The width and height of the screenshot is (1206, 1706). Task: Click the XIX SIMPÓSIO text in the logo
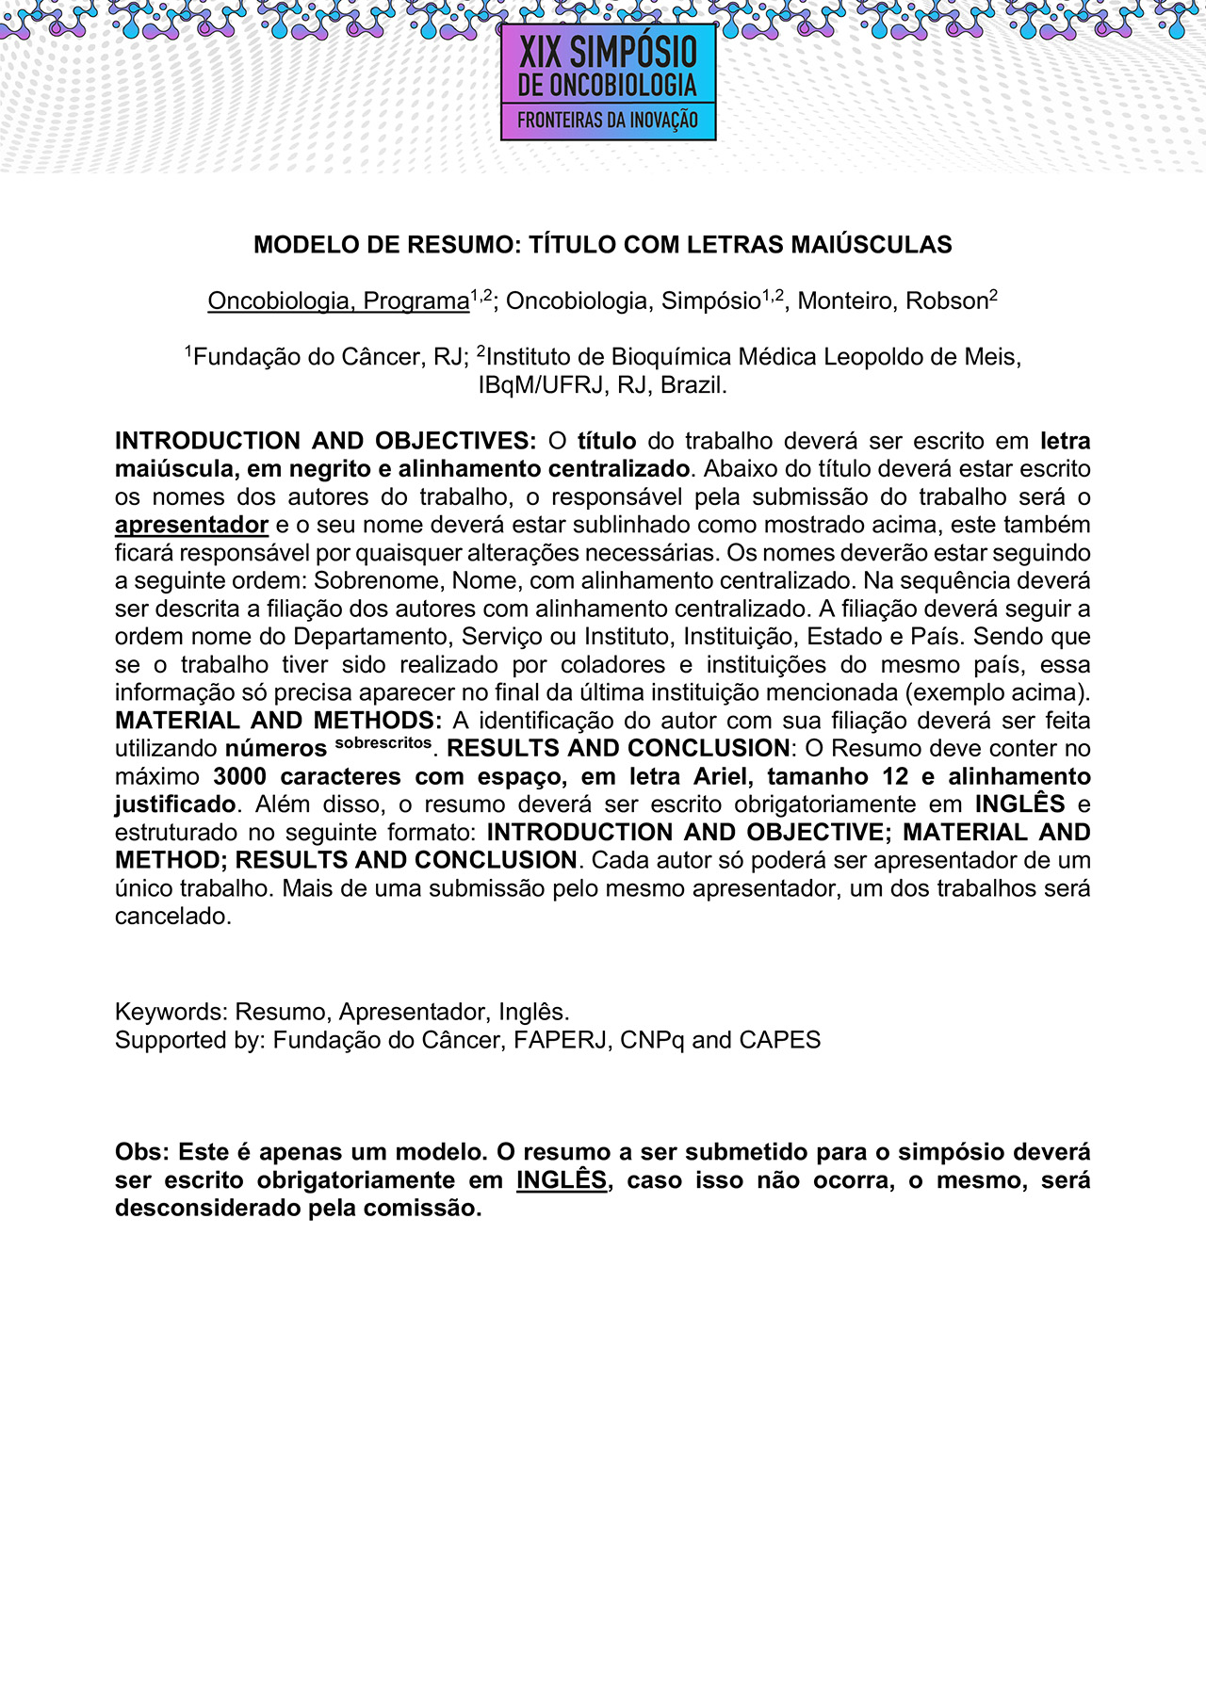[608, 52]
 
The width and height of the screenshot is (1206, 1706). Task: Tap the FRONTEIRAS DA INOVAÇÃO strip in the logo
[608, 122]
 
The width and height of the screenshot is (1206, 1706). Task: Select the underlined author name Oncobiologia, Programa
[338, 301]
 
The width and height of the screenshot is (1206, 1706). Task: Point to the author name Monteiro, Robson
[892, 301]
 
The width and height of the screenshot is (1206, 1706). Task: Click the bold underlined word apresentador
[191, 525]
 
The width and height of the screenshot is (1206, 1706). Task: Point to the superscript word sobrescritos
[383, 743]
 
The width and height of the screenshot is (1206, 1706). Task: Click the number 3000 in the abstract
[240, 777]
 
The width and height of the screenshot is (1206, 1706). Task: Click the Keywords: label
[171, 1013]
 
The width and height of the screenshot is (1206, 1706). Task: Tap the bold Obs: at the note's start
[142, 1152]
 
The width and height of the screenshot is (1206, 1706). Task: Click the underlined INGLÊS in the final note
[562, 1180]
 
